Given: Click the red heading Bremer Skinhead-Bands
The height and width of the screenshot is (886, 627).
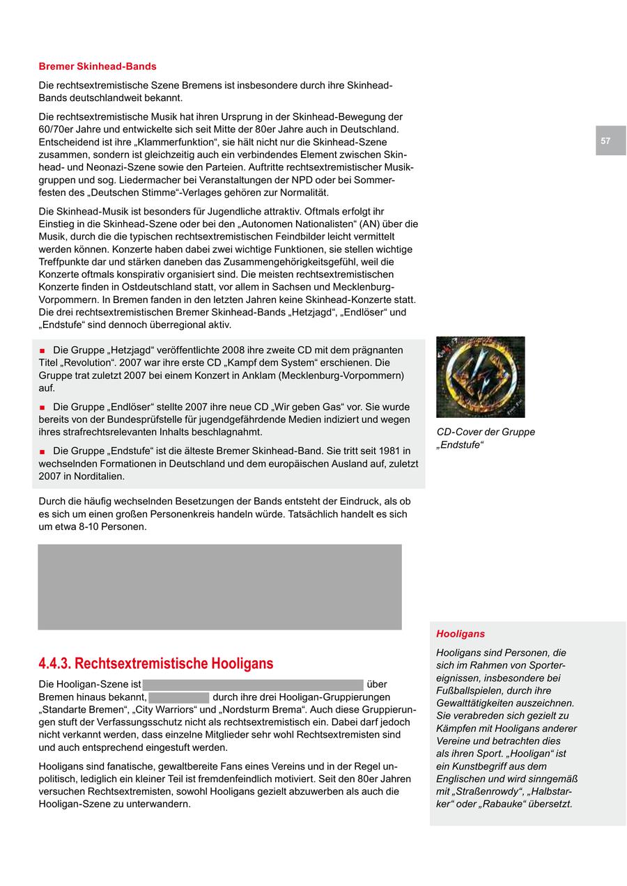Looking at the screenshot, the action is click(98, 67).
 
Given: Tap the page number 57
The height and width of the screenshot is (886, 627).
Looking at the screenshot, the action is click(605, 141).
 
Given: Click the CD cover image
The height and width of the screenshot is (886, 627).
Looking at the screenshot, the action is click(480, 377).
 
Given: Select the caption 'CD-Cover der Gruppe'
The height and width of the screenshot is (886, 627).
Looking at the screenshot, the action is click(486, 432).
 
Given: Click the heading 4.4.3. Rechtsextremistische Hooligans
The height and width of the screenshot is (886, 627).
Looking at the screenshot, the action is click(156, 663).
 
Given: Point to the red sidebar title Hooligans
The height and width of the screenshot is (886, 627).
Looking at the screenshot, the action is click(460, 634).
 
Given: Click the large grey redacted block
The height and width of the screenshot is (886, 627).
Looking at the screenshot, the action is click(219, 587).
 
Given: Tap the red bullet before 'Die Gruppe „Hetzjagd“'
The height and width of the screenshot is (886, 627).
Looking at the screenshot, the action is click(42, 350).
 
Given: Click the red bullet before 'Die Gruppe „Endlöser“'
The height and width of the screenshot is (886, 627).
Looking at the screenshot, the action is click(42, 407).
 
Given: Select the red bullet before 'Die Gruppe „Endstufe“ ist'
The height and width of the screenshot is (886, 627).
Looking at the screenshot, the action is click(42, 452).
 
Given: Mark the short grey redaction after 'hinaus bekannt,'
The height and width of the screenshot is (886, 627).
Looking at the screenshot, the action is click(179, 697).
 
